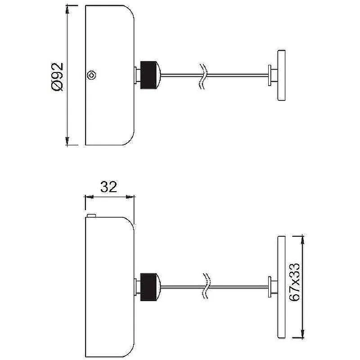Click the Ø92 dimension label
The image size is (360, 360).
click(x=57, y=77)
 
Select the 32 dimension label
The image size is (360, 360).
click(x=108, y=187)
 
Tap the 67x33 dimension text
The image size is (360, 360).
click(x=294, y=282)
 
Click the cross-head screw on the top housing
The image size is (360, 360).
click(x=92, y=75)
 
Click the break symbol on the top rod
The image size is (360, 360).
click(x=203, y=76)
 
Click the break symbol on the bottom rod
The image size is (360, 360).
click(x=206, y=286)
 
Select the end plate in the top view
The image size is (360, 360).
click(x=282, y=75)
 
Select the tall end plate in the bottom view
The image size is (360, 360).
click(x=282, y=287)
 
